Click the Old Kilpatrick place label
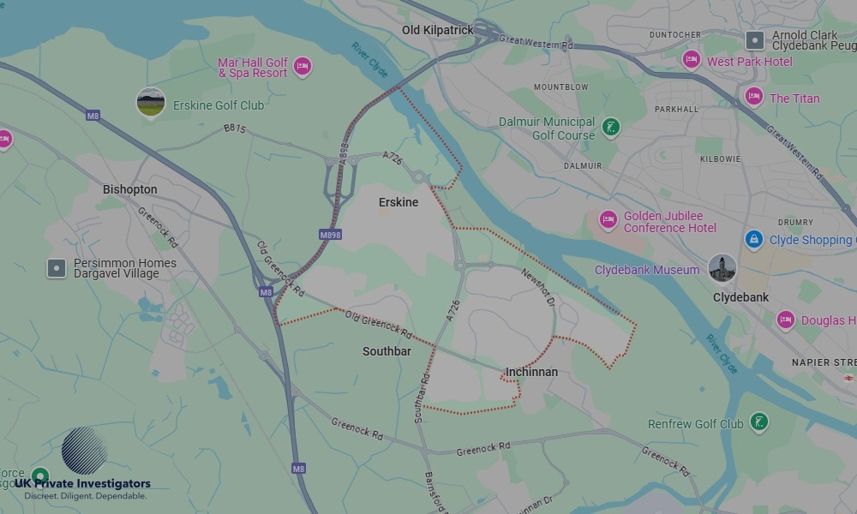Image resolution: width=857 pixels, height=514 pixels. coord(438,30)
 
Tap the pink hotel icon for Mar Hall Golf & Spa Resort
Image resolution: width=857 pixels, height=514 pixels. coord(302,66)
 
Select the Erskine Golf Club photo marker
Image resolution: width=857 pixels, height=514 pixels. coord(151,103)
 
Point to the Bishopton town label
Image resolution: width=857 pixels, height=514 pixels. coord(129,189)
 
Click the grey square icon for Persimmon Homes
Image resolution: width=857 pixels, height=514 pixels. coord(57,268)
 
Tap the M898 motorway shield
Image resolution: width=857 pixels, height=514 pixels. coord(330,234)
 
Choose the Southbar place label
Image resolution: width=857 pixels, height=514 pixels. coord(387,351)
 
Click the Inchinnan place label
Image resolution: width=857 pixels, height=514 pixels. coord(531,372)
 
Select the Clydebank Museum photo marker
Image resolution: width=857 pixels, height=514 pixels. coord(722,268)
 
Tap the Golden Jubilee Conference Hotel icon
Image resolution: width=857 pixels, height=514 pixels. coord(608,220)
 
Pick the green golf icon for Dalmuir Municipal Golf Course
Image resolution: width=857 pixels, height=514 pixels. coord(611,128)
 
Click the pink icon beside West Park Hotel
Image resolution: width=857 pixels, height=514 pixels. coord(692,60)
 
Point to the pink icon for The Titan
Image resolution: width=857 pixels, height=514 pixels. coord(754,97)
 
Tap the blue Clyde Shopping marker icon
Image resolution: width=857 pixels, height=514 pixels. coord(754,239)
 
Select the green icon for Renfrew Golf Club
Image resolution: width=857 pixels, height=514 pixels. coord(758,421)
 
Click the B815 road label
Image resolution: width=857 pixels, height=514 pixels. coord(235,129)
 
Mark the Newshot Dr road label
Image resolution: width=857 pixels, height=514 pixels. coord(539,290)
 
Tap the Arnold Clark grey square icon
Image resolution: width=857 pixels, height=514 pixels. coord(755,39)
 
